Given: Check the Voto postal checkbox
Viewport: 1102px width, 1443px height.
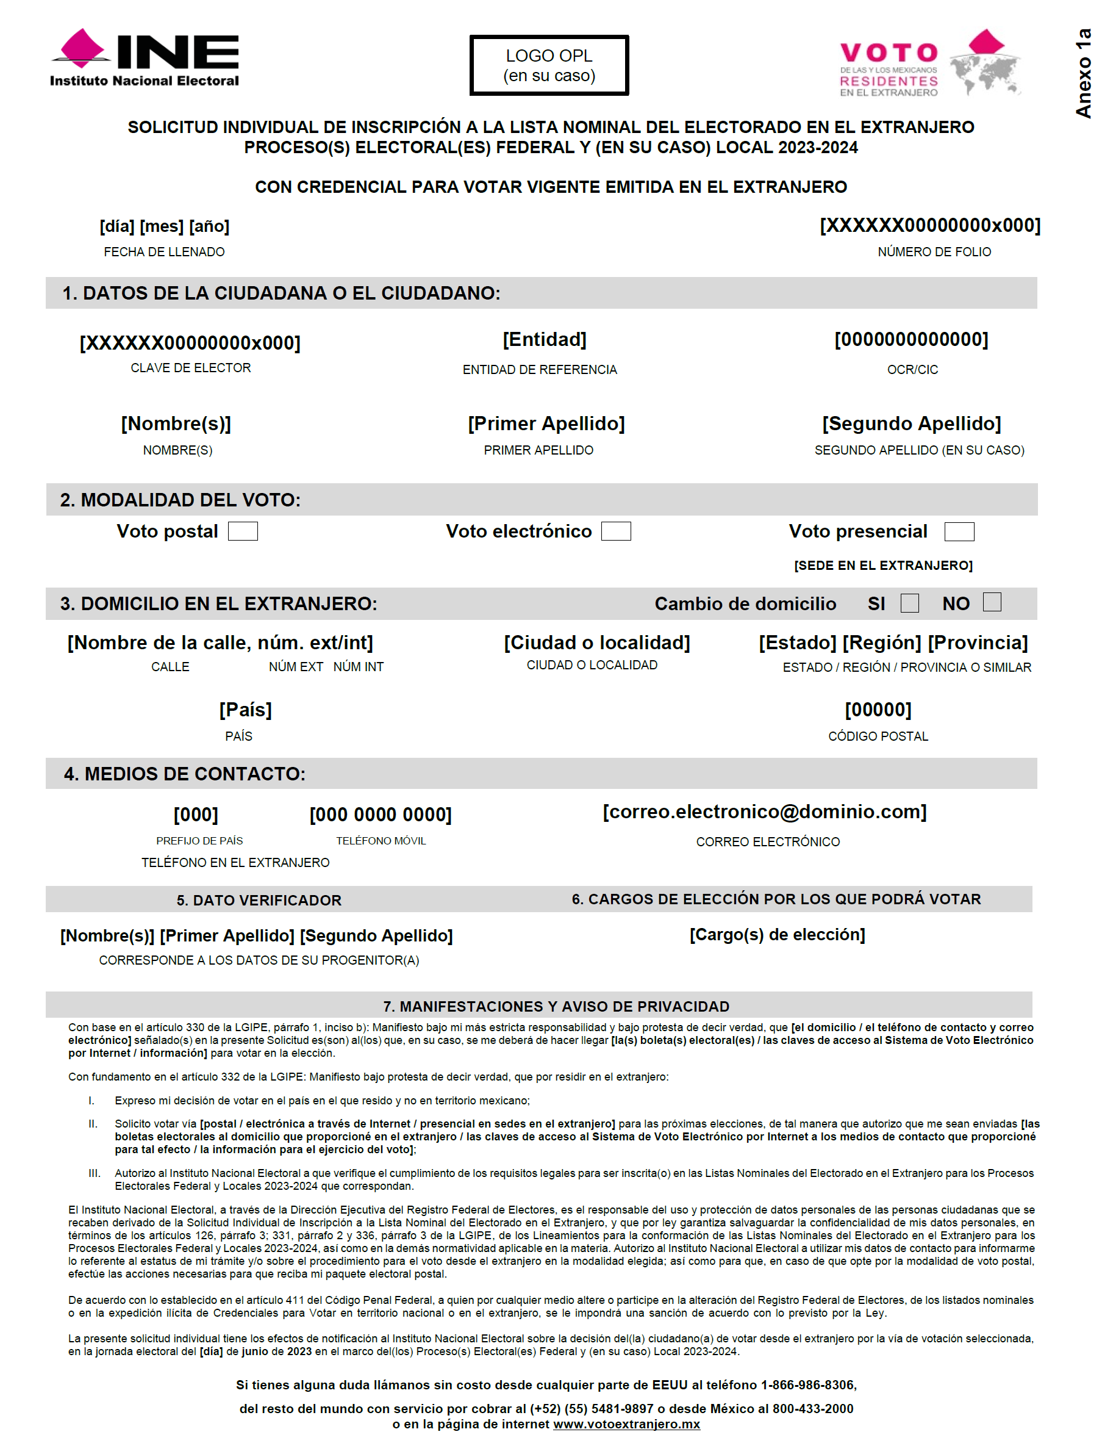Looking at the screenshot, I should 243,531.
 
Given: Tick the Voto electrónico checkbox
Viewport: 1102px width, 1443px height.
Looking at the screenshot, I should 616,531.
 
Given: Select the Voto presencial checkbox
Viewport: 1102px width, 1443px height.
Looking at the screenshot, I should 959,531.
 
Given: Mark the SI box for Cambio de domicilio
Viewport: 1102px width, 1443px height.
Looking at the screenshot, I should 909,603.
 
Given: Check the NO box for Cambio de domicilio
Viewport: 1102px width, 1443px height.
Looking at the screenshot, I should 992,602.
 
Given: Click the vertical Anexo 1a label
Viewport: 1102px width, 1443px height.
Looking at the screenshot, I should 1083,73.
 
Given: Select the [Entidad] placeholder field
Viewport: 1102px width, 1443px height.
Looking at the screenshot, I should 545,339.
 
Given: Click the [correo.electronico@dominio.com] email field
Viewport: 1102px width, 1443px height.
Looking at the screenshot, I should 765,811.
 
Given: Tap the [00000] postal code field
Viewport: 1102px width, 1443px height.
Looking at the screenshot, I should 878,710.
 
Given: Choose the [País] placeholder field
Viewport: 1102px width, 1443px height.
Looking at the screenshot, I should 245,710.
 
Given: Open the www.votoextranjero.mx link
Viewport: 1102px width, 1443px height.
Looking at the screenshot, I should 626,1424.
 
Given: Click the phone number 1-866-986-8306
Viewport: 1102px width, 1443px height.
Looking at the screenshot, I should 808,1384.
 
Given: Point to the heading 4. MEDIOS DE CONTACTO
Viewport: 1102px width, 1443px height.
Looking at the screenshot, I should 184,774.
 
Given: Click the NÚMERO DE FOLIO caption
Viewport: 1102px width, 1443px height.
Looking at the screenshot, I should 934,252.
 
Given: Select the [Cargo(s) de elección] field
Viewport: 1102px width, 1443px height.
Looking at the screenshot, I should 778,934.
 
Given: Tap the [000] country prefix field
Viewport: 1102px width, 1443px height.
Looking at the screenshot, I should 196,815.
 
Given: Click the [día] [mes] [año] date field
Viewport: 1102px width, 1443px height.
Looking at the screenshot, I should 165,226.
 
